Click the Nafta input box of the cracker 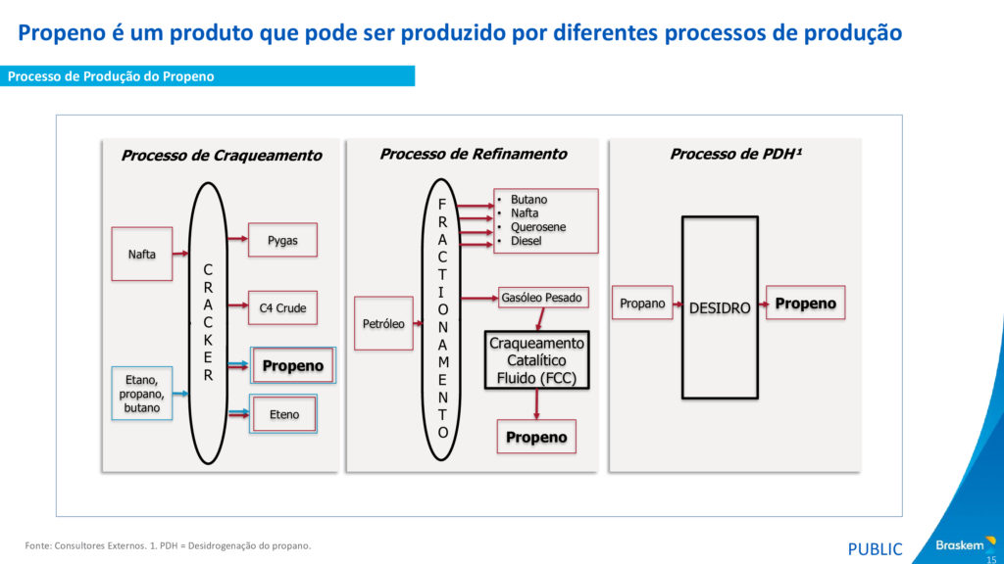click(141, 255)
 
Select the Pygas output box click(282, 240)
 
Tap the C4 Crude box click(282, 308)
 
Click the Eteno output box click(284, 414)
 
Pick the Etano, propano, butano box click(141, 393)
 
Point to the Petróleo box click(383, 323)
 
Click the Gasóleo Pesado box click(541, 297)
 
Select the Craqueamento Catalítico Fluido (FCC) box click(536, 360)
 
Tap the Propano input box click(642, 304)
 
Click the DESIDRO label click(720, 307)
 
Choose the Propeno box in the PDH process click(805, 304)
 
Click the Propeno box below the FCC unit click(536, 437)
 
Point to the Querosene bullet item click(537, 227)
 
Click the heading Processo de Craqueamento click(221, 155)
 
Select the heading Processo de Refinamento click(474, 154)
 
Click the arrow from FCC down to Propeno click(536, 404)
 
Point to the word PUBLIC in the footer click(875, 549)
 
